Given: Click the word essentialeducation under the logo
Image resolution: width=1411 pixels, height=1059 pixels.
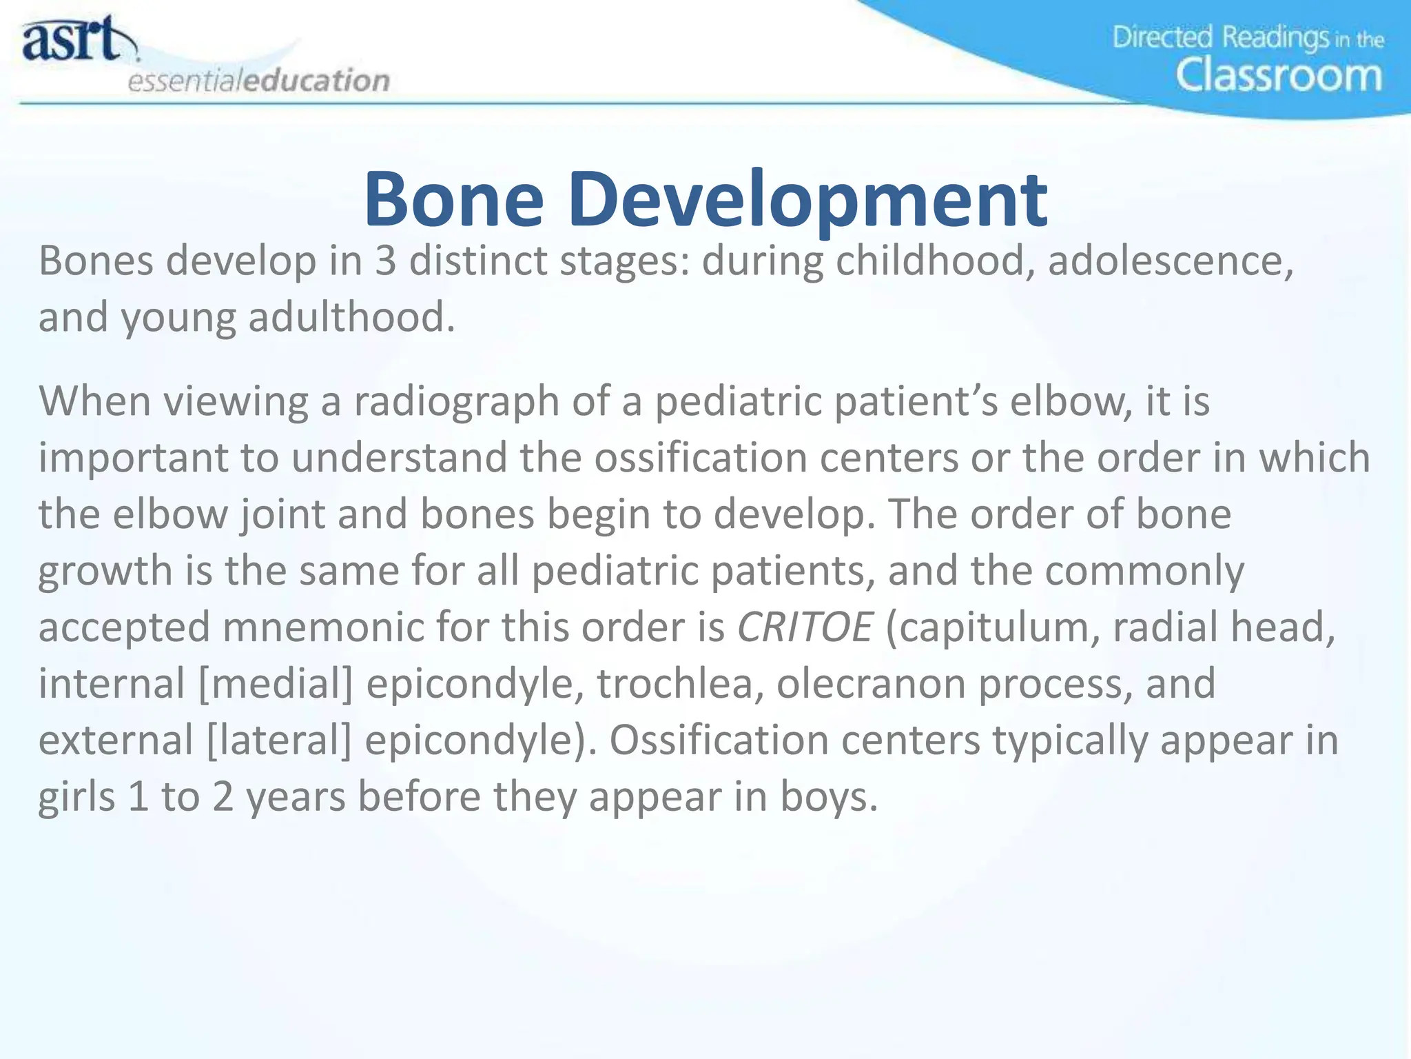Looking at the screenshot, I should click(258, 81).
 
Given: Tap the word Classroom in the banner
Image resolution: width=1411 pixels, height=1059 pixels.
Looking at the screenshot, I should click(1279, 76).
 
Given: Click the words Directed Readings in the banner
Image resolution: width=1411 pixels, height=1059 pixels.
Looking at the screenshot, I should click(1220, 37).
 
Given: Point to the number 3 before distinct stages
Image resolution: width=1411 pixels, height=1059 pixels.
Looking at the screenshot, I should click(385, 262).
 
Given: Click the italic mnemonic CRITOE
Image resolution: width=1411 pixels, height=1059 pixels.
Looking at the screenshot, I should click(805, 628).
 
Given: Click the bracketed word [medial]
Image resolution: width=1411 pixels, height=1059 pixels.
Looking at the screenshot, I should click(275, 685).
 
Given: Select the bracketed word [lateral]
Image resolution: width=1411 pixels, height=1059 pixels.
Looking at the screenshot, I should click(279, 741).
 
